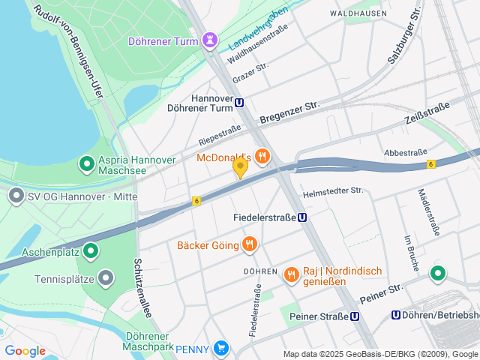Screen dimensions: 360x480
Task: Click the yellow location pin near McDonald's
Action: pyautogui.click(x=240, y=167)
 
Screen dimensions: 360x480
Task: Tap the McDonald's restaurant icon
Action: pyautogui.click(x=262, y=157)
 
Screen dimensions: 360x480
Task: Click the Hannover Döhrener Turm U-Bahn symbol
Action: pyautogui.click(x=239, y=103)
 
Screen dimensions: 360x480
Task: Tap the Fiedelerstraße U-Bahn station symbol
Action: pyautogui.click(x=301, y=217)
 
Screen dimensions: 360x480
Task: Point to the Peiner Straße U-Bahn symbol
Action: pyautogui.click(x=354, y=316)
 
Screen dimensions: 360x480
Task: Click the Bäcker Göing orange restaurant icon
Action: pyautogui.click(x=250, y=244)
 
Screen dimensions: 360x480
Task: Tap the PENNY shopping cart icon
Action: pyautogui.click(x=220, y=348)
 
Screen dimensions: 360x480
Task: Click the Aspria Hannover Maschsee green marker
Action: pyautogui.click(x=86, y=162)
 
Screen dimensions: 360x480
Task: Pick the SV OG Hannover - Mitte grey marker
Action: pyautogui.click(x=15, y=196)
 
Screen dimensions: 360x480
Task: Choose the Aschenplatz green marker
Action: pyautogui.click(x=91, y=250)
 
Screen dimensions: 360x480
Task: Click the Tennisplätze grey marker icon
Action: pyautogui.click(x=106, y=278)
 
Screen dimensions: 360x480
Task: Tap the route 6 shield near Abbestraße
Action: pyautogui.click(x=431, y=163)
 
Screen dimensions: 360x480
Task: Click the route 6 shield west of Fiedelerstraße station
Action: pyautogui.click(x=196, y=201)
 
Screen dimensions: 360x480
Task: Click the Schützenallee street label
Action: pyautogui.click(x=143, y=288)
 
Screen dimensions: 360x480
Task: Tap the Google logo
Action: pyautogui.click(x=25, y=350)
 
